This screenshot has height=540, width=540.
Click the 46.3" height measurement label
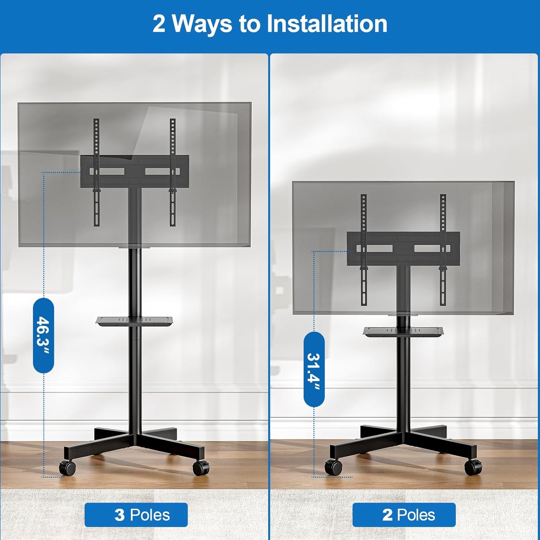44,335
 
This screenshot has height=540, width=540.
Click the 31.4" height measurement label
314,369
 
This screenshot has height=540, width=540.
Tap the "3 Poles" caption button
136,515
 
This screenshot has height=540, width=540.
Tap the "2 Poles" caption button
404,515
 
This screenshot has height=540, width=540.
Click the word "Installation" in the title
327,24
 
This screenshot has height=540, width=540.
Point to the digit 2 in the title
159,24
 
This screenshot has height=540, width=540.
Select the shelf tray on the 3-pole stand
134,320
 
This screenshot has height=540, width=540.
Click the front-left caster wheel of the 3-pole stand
68,468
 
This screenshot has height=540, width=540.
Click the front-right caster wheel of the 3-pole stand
201,468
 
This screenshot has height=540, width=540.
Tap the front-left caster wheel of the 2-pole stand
333,467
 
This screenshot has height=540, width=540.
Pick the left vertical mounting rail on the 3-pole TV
96,172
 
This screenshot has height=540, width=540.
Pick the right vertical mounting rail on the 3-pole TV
173,172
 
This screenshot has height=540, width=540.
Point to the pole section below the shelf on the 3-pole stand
134,378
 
